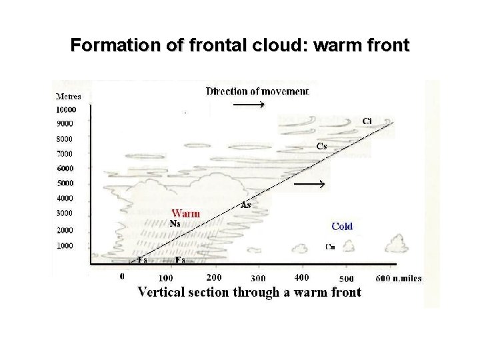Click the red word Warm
[185, 214]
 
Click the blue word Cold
[342, 227]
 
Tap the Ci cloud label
[367, 121]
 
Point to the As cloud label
[245, 205]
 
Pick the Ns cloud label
[175, 224]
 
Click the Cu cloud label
[330, 246]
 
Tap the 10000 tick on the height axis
[66, 109]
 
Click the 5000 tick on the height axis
[64, 183]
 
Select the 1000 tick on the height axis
[64, 246]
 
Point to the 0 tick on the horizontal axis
[122, 275]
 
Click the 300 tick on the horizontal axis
[257, 278]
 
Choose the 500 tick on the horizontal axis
[346, 278]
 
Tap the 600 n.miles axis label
[399, 278]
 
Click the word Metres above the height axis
[68, 96]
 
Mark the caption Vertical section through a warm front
[249, 292]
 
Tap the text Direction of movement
[257, 91]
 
